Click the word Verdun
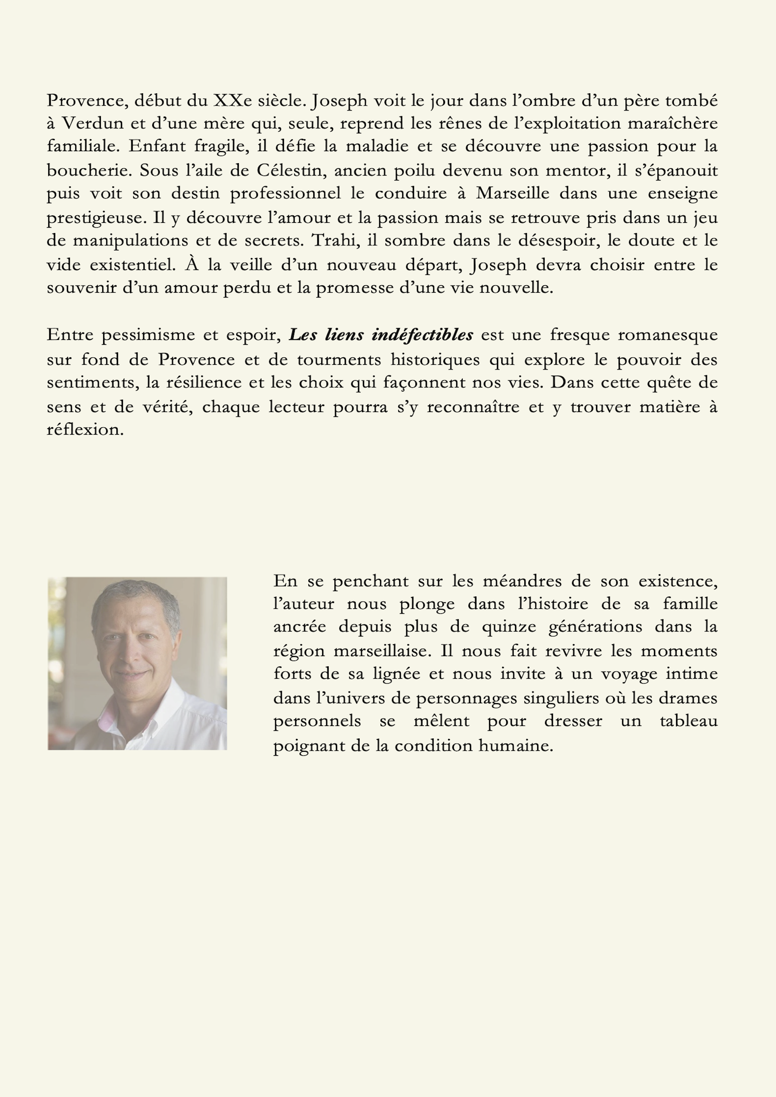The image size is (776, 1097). point(101,124)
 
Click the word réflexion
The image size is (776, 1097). point(85,429)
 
